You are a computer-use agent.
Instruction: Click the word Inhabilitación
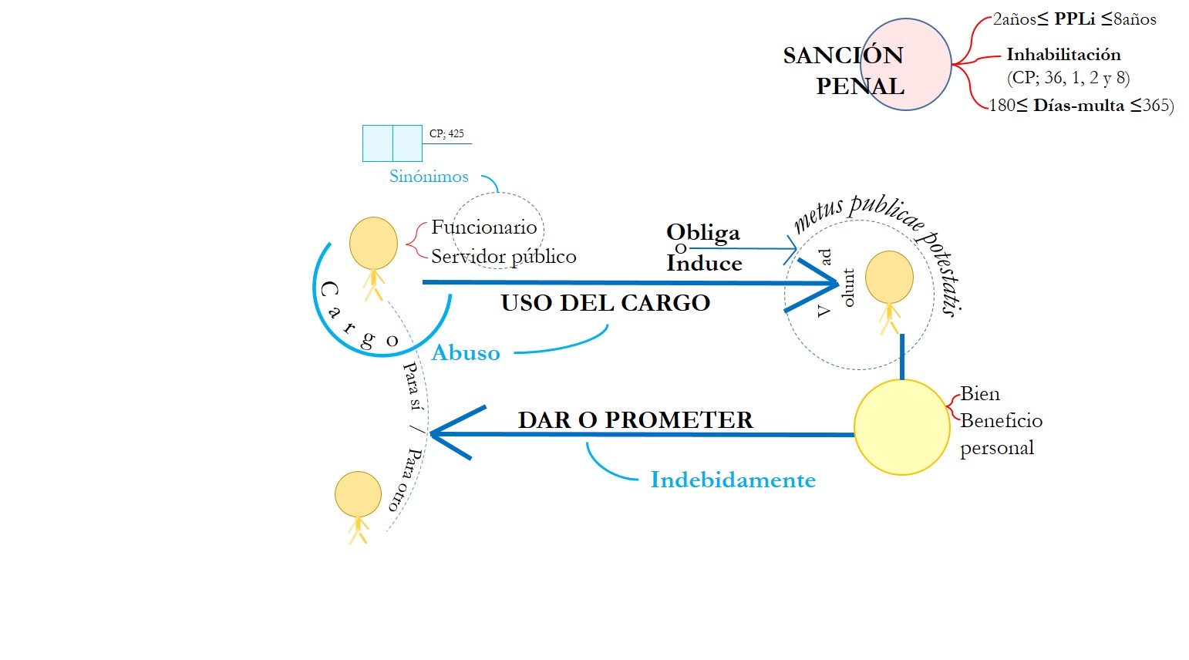click(x=1063, y=55)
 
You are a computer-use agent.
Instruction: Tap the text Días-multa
click(x=1079, y=106)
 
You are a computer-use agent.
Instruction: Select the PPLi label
click(x=1075, y=19)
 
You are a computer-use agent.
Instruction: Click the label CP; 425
click(x=446, y=133)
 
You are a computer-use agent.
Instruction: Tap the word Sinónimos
click(x=429, y=177)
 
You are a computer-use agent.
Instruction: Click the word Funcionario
click(x=483, y=227)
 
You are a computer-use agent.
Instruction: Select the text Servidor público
click(x=504, y=256)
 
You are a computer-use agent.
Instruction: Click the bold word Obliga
click(x=702, y=232)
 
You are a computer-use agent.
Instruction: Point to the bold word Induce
click(x=704, y=264)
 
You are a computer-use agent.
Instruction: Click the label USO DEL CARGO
click(x=605, y=303)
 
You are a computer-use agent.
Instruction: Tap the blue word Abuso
click(x=466, y=353)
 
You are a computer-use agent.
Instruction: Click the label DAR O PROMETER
click(x=635, y=420)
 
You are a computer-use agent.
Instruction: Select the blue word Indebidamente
click(x=733, y=480)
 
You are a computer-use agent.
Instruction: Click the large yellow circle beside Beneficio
click(x=901, y=427)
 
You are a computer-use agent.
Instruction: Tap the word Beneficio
click(x=1001, y=421)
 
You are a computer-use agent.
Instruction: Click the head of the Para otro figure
click(x=358, y=494)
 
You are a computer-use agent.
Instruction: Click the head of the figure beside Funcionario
click(x=373, y=243)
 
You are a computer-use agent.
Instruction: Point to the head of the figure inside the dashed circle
click(x=889, y=277)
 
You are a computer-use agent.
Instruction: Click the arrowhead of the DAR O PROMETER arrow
click(x=435, y=434)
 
